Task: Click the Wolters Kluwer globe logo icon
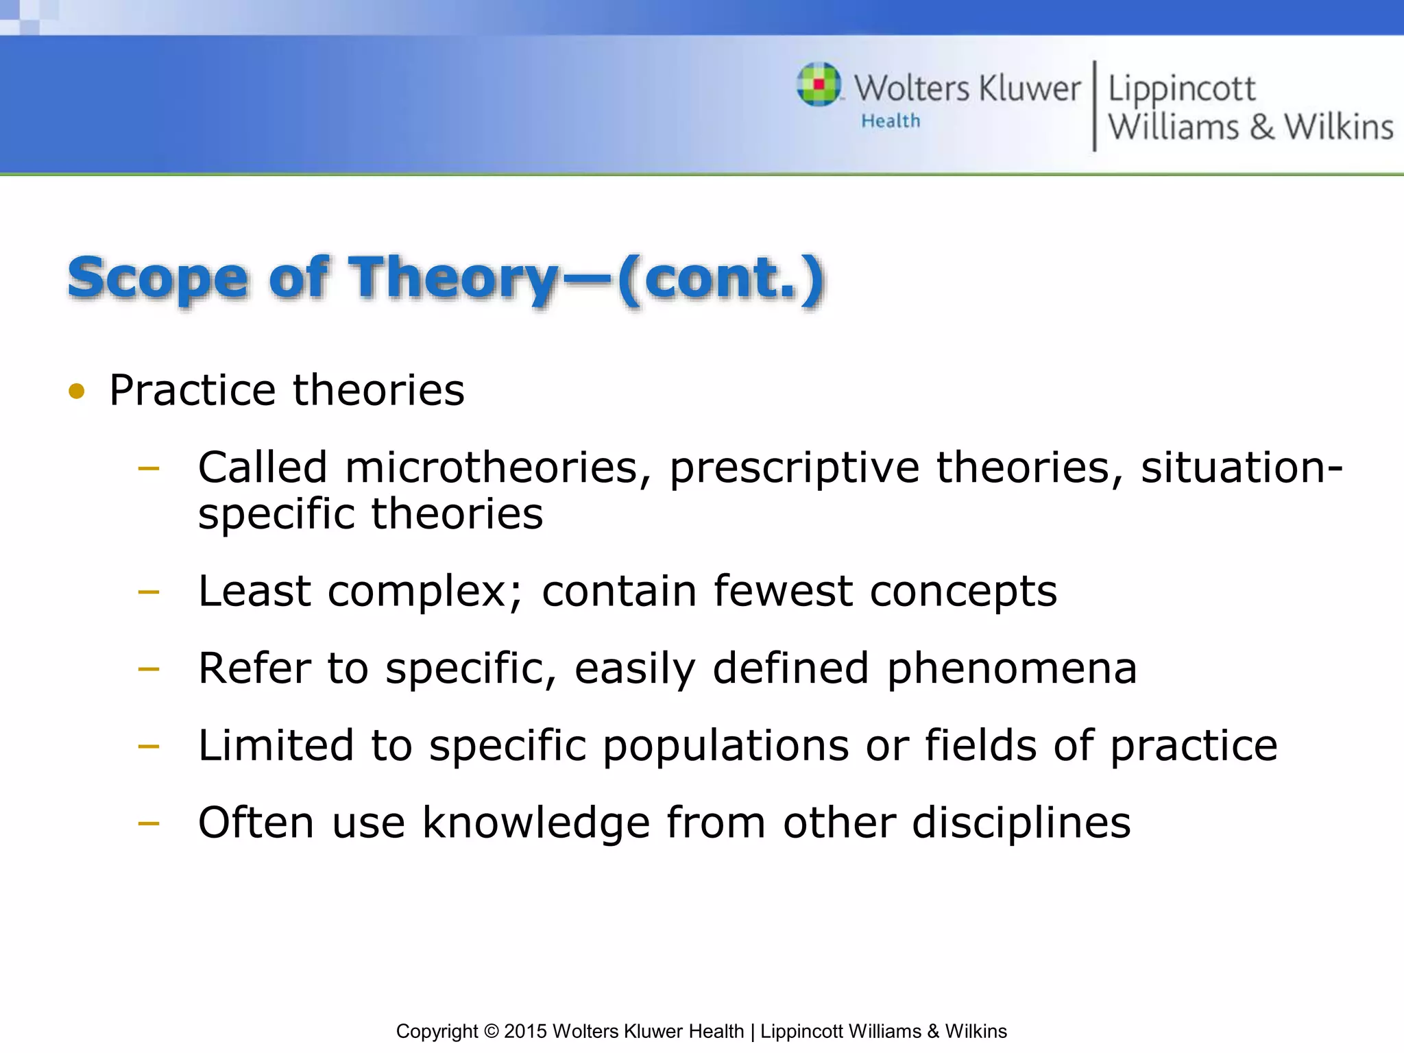[819, 84]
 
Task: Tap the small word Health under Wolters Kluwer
[891, 121]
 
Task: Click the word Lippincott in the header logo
[1181, 89]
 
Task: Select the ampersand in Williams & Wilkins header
[1261, 128]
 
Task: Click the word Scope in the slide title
[157, 278]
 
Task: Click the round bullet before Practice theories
[77, 391]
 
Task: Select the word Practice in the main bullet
[193, 390]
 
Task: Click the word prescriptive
[794, 469]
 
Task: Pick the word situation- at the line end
[1241, 468]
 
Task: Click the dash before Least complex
[148, 591]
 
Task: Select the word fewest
[783, 591]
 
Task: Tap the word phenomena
[1012, 668]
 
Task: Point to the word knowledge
[535, 823]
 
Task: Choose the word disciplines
[1021, 823]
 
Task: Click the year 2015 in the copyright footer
[525, 1031]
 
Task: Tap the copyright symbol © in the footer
[491, 1031]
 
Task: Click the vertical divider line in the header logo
[1094, 106]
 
